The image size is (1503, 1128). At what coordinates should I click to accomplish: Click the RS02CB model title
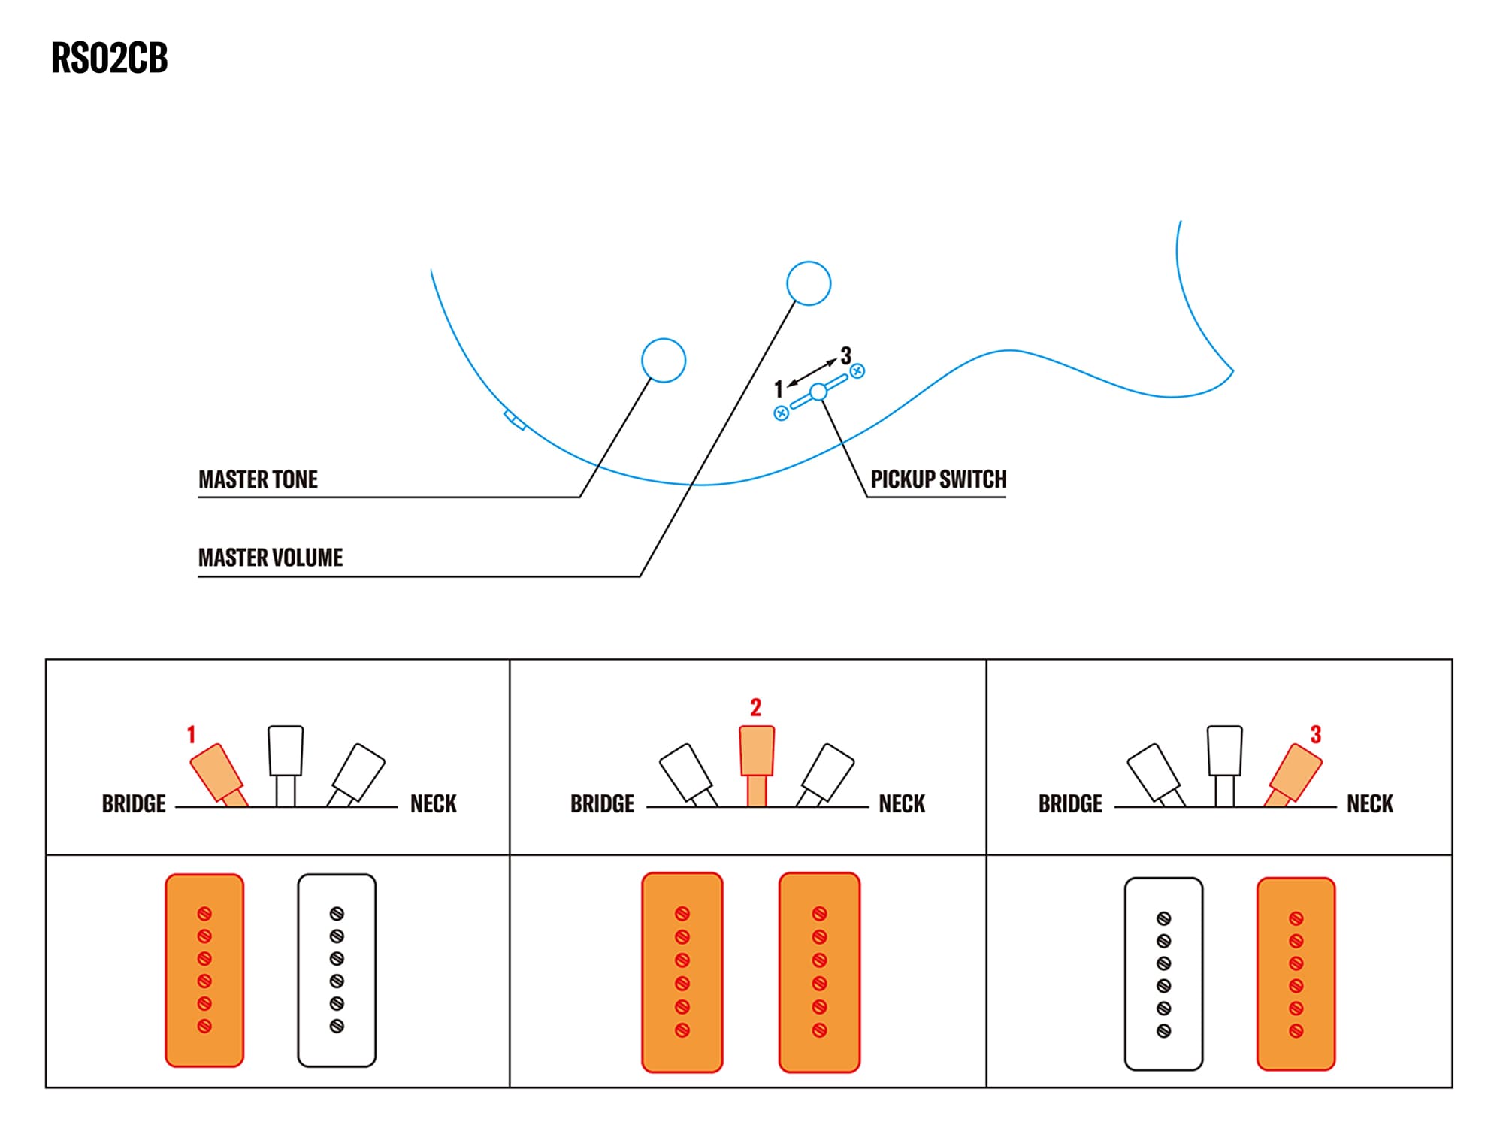tap(109, 58)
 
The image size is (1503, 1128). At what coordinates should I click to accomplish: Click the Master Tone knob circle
tap(663, 361)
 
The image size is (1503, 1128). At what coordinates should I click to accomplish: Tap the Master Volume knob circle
tap(808, 283)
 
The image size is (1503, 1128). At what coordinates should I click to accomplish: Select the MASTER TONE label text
tap(258, 479)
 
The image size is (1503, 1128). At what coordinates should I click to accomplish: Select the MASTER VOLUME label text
tap(270, 558)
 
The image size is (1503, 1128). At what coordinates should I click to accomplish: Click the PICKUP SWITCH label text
tap(938, 479)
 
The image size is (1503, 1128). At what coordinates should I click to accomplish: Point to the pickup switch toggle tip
tap(818, 392)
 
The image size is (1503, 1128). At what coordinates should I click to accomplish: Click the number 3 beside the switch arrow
tap(845, 355)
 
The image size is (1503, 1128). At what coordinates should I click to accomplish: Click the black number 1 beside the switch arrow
tap(779, 389)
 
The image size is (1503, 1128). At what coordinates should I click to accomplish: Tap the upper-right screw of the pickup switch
tap(857, 370)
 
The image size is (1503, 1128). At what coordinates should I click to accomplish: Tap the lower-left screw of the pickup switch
tap(782, 413)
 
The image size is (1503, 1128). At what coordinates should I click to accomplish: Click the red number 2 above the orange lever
tap(755, 707)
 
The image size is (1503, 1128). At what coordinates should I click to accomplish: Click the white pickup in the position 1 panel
tap(337, 970)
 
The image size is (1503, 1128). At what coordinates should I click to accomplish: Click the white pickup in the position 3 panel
tap(1163, 974)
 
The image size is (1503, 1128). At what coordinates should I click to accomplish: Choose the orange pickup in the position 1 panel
tap(204, 970)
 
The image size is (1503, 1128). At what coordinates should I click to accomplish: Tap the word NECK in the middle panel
tap(902, 804)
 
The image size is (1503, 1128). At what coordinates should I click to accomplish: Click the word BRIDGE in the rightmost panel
tap(1069, 804)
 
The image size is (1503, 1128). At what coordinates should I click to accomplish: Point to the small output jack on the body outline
tap(515, 420)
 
